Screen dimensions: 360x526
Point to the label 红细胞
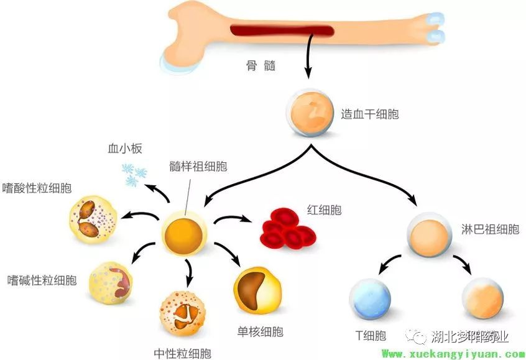pos(324,210)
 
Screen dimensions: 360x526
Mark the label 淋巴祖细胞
pos(490,229)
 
